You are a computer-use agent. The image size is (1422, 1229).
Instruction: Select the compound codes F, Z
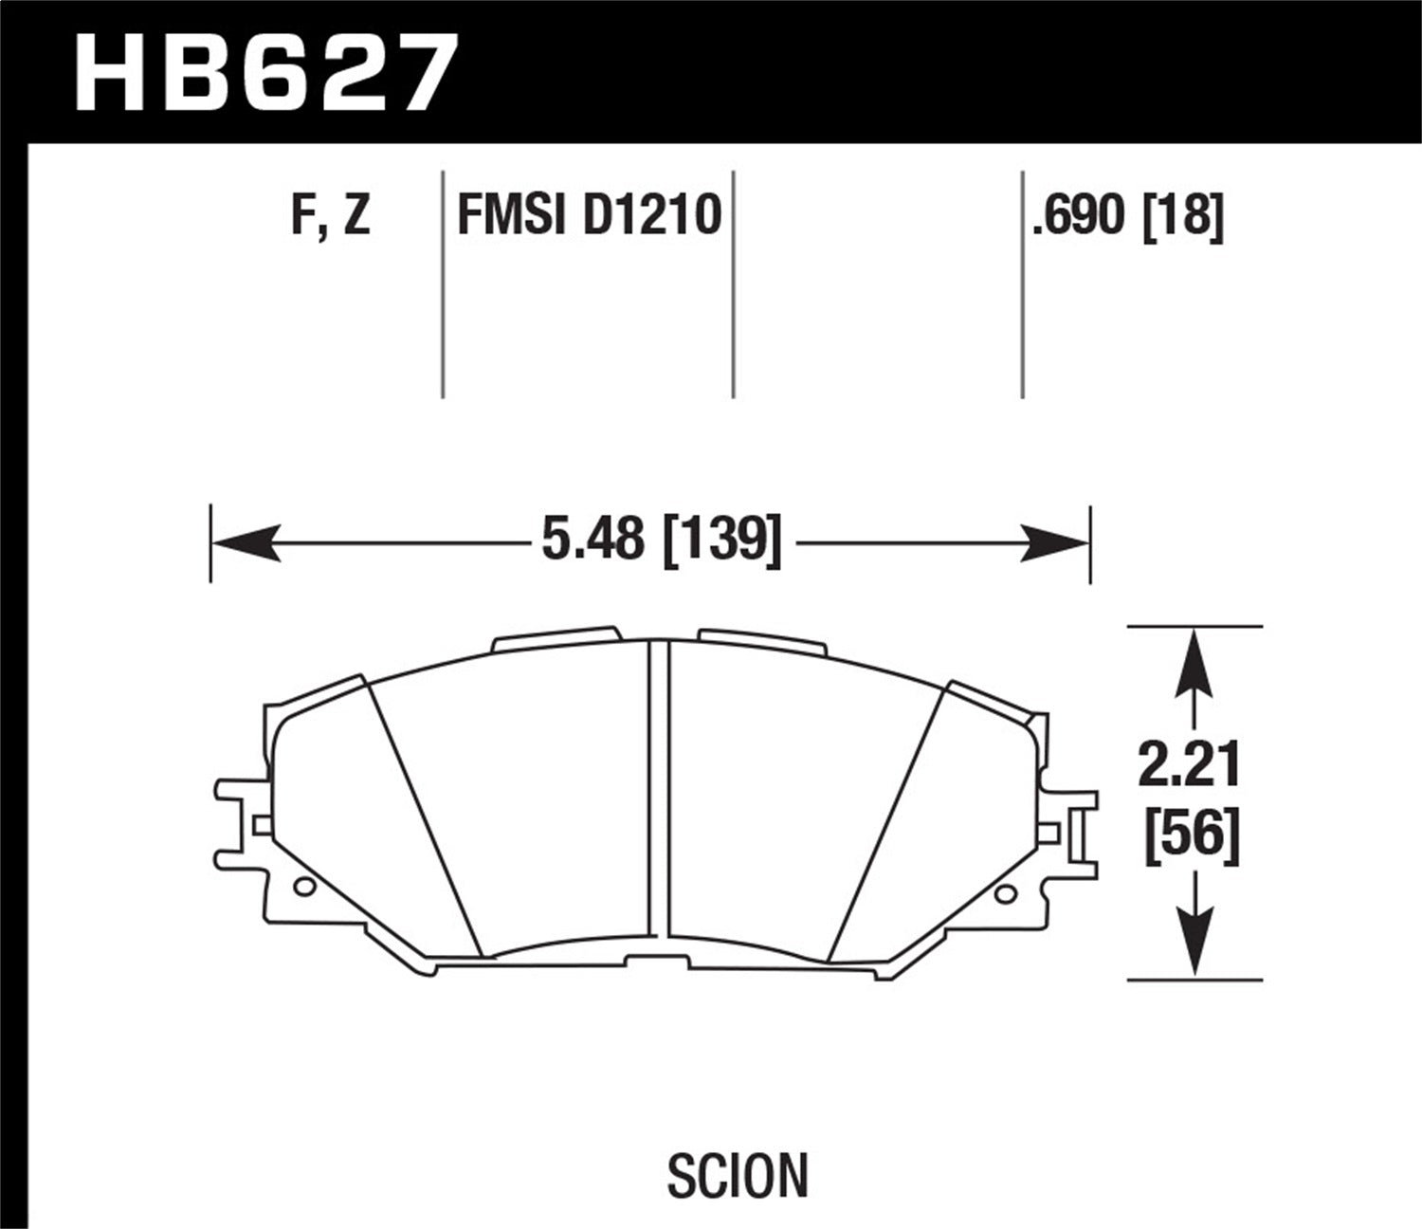pos(331,216)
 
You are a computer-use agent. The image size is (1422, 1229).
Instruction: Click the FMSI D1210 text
pos(589,216)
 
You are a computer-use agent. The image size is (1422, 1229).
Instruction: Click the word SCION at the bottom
pos(738,1175)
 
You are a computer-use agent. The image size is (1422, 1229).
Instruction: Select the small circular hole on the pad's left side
pos(304,888)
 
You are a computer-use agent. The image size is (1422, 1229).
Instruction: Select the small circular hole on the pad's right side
pos(1005,892)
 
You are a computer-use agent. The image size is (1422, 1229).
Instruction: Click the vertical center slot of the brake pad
pos(660,797)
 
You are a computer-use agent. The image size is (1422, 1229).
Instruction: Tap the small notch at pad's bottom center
pos(660,959)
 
